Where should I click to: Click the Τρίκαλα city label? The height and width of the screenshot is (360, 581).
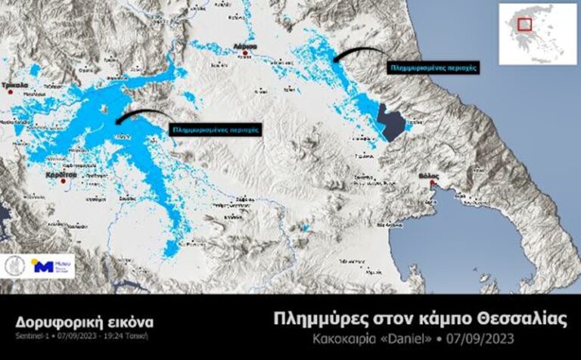click(x=17, y=85)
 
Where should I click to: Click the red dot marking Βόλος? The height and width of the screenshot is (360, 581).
click(x=431, y=182)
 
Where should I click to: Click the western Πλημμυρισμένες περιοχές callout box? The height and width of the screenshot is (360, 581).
click(x=216, y=129)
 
